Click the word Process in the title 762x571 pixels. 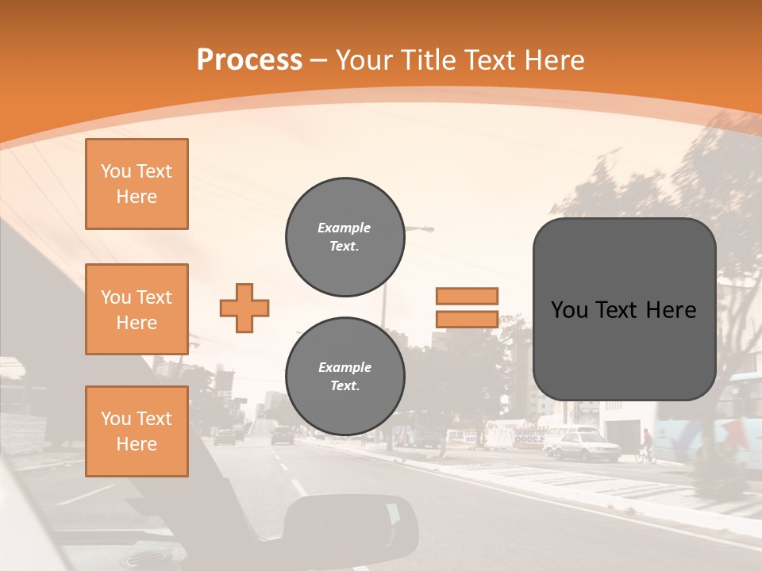(249, 60)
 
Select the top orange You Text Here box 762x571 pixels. (137, 184)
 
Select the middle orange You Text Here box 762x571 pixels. (137, 309)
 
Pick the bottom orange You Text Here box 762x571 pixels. (137, 431)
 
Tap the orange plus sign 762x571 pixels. (244, 308)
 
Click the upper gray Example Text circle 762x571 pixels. (344, 237)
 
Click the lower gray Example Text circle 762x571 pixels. (344, 377)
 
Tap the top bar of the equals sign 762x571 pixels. (467, 296)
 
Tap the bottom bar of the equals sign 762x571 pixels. (467, 319)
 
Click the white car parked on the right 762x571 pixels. (584, 446)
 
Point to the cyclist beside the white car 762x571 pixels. (646, 446)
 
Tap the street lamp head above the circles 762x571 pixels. (422, 229)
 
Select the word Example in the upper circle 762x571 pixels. (344, 228)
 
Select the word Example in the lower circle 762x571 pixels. (344, 367)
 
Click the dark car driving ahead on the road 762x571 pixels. (282, 435)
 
